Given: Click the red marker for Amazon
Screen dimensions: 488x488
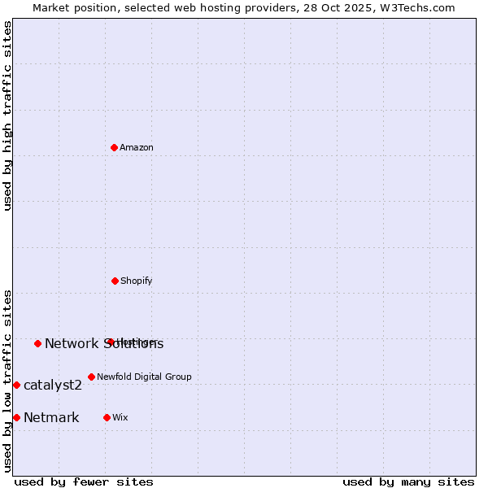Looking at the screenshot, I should coord(115,147).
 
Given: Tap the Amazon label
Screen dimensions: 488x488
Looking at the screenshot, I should coord(137,148).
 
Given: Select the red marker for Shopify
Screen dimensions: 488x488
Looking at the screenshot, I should coord(115,281).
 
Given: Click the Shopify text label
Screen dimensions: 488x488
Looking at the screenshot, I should coord(136,281).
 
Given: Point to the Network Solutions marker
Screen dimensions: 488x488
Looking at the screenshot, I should coord(37,343).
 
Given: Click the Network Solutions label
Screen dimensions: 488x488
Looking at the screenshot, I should coord(104,344).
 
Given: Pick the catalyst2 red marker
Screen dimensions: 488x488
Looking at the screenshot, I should coord(16,385).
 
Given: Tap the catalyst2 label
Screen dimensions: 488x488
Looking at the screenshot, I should coord(53,386).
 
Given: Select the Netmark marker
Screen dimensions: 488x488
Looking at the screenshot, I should coord(16,417).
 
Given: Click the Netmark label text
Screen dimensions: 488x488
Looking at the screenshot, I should coord(51,418).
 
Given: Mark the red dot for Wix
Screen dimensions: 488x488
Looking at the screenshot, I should coord(107,417).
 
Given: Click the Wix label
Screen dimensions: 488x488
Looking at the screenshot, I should coord(120,418).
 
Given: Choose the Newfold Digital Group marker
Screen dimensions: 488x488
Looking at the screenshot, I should coord(91,377).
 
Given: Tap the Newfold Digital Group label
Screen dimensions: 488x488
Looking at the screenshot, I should coord(144,377).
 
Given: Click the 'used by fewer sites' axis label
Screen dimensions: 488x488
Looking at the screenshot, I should coord(84,481).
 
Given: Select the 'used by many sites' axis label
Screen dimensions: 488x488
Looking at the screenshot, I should coord(408,481).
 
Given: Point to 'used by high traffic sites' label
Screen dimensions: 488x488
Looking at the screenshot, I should coord(8,115).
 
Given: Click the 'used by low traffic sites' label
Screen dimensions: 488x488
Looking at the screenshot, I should coord(8,381).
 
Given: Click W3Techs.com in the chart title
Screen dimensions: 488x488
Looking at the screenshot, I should coord(419,7).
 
